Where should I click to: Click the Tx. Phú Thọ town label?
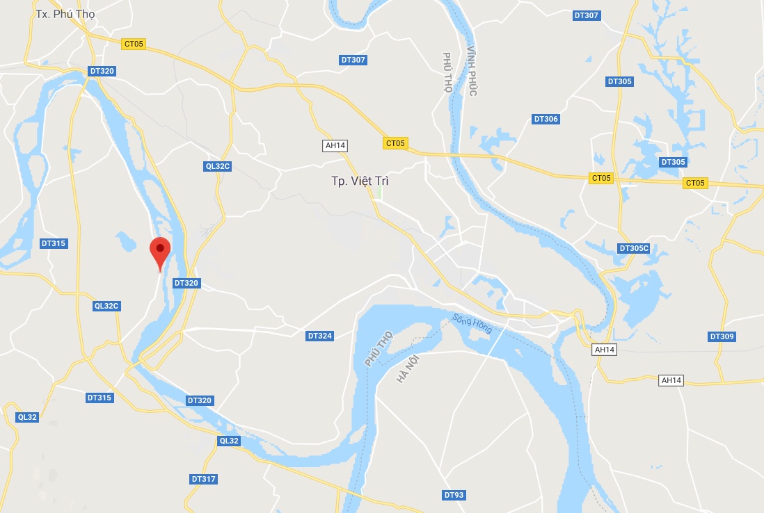click(65, 14)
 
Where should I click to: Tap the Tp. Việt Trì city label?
click(360, 181)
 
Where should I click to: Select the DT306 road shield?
click(546, 119)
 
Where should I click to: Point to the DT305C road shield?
click(634, 248)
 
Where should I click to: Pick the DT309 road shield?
click(722, 336)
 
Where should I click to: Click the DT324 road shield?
click(320, 336)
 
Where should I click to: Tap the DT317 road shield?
click(203, 479)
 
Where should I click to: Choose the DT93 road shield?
click(453, 495)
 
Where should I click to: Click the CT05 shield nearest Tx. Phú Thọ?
click(133, 44)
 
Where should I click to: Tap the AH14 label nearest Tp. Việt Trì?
click(335, 145)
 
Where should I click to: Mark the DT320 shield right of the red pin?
click(186, 283)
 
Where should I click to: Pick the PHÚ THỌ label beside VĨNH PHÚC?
click(448, 72)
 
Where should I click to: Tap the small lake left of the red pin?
click(126, 241)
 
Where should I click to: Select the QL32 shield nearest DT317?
click(229, 441)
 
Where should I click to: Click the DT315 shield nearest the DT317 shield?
click(100, 398)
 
